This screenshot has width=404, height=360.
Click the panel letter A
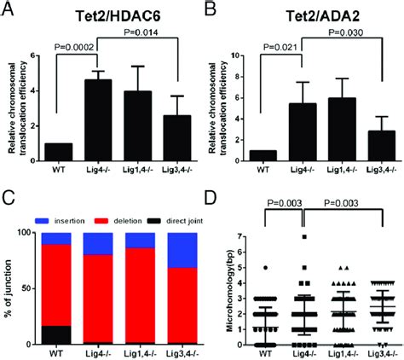click(8, 9)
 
